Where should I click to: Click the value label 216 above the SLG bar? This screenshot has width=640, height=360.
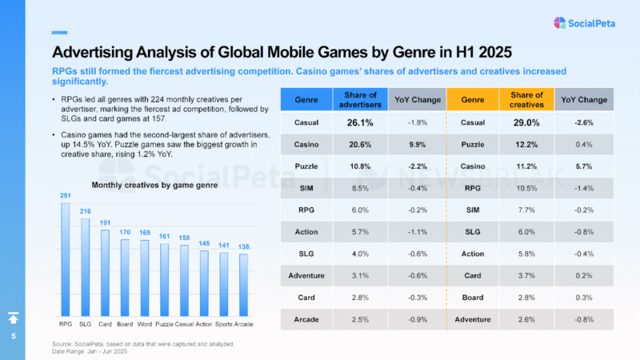[85, 211]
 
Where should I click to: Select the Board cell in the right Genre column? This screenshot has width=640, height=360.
[473, 297]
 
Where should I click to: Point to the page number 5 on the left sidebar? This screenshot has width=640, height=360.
[13, 337]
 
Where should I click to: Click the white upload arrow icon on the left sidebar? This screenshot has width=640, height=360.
[13, 317]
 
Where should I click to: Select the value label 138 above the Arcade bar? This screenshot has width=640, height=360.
[244, 248]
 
